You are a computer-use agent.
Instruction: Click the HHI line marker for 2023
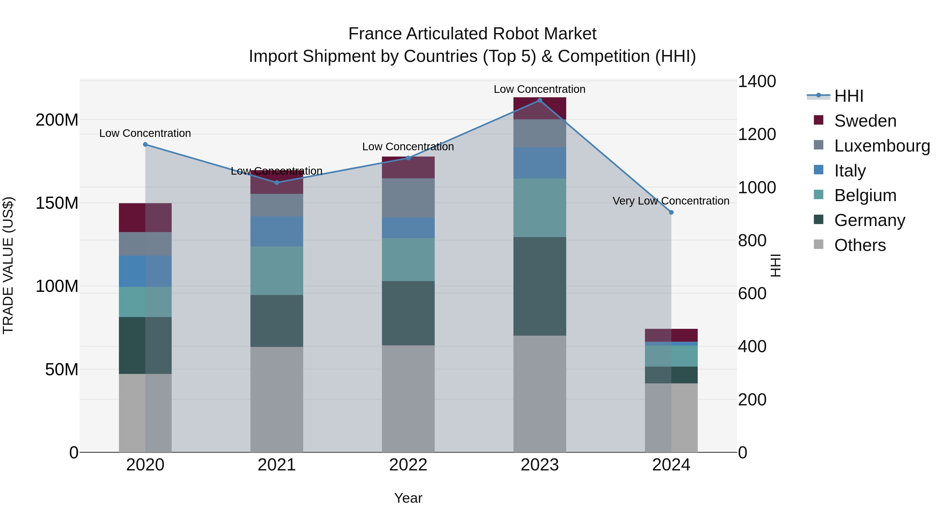[539, 100]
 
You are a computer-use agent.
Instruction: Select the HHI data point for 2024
[671, 212]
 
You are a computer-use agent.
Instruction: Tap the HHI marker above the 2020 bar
[145, 144]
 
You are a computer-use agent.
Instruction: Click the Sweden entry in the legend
[865, 121]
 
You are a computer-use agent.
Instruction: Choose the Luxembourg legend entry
[881, 146]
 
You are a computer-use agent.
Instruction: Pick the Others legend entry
[859, 245]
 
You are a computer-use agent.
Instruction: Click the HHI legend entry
[848, 96]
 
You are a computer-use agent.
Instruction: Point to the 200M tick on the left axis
[57, 120]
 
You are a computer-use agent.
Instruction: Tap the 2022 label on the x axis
[408, 465]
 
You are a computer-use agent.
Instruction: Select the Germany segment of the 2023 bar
[539, 286]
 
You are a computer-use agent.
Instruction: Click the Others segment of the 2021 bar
[277, 399]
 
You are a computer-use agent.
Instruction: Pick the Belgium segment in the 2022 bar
[408, 259]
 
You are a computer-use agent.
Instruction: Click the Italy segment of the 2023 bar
[539, 163]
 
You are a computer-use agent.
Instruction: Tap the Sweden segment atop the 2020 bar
[145, 217]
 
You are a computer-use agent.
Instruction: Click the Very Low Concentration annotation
[671, 201]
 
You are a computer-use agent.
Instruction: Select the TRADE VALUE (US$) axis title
[8, 265]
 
